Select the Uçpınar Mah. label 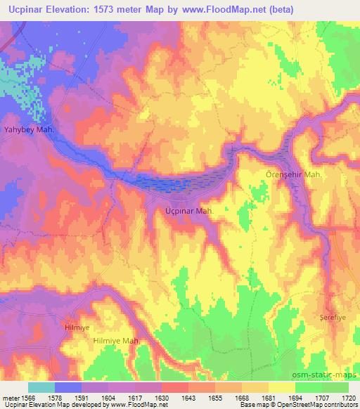click(x=185, y=210)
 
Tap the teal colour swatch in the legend click(x=41, y=387)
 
